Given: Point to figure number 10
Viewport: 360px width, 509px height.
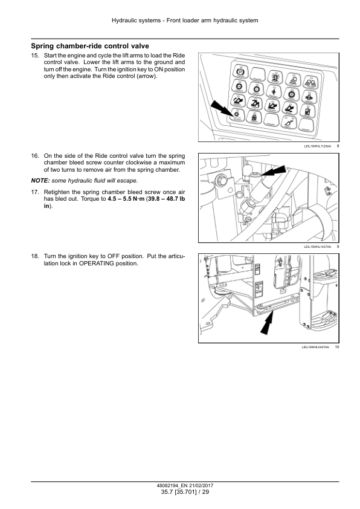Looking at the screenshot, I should [x=337, y=347].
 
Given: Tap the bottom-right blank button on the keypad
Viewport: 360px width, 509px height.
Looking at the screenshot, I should [x=308, y=126].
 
